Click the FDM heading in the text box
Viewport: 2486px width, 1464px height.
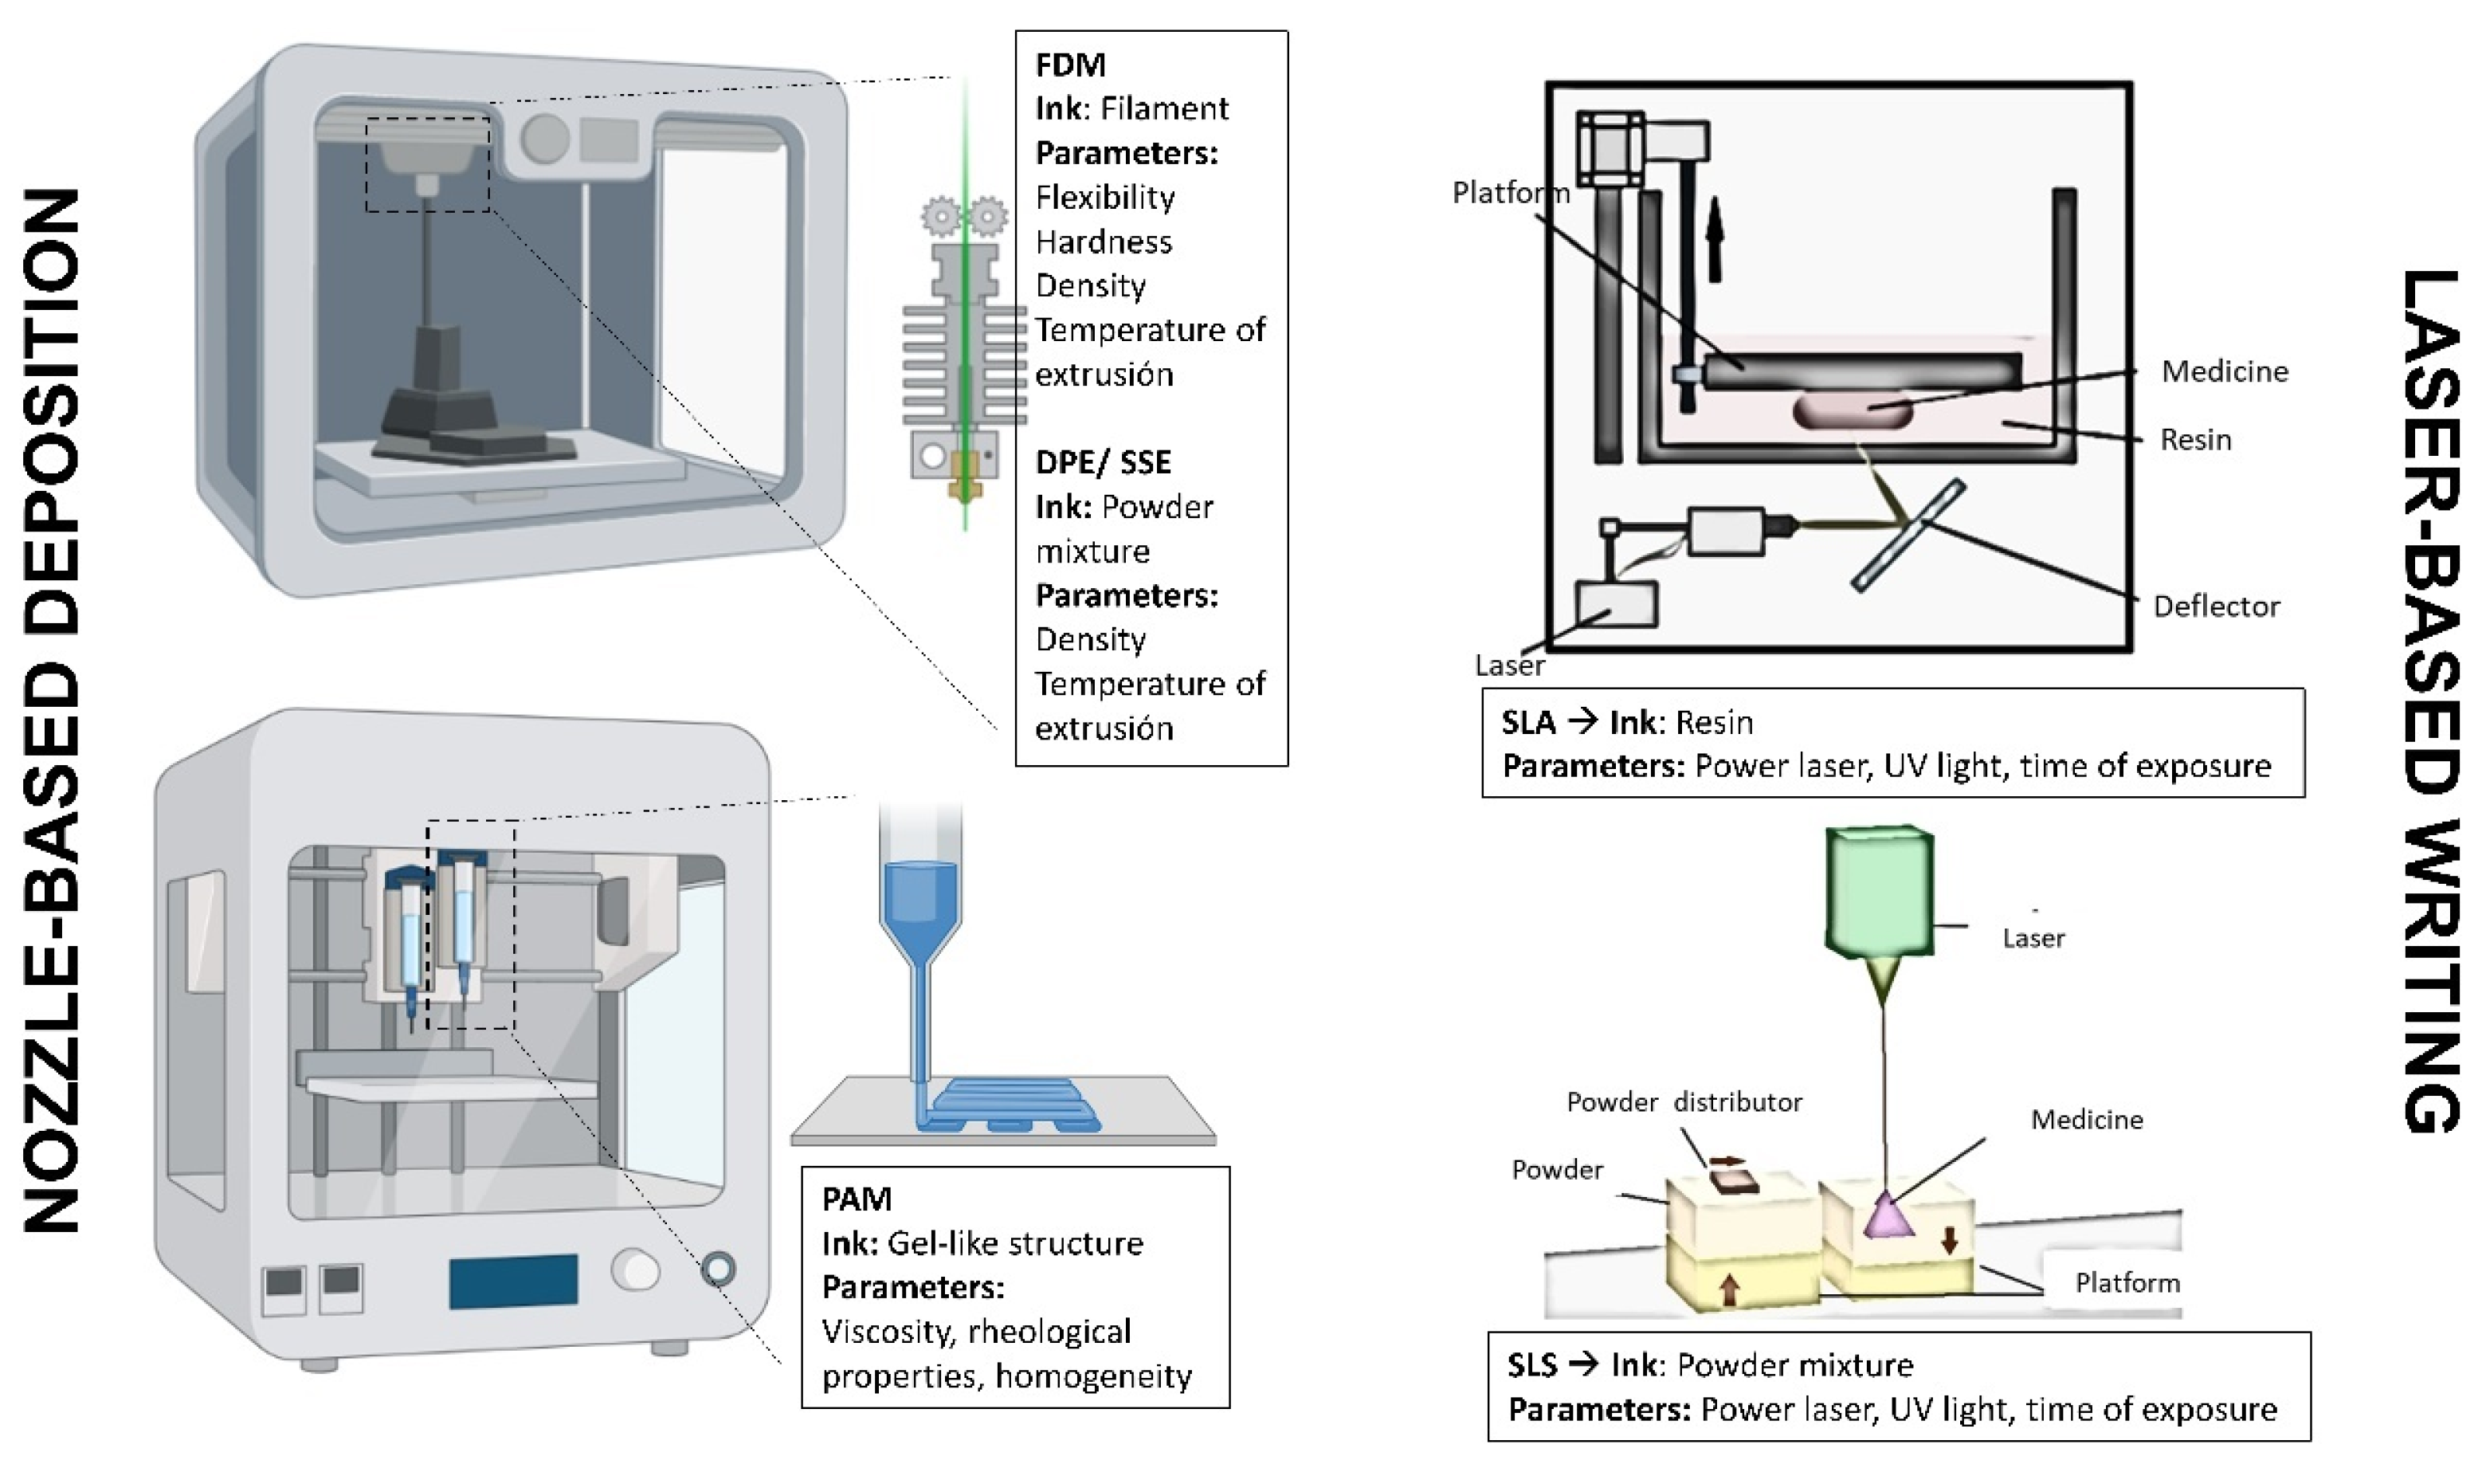pos(1069,65)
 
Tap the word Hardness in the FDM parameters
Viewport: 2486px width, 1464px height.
pos(1103,241)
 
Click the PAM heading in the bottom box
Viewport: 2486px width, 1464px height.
pos(857,1199)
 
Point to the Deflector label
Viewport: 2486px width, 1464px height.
pos(2216,606)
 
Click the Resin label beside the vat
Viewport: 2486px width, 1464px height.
pos(2195,439)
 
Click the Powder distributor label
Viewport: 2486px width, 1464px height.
pos(1684,1102)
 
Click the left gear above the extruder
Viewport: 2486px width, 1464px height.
pos(942,215)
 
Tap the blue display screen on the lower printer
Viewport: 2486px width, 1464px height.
pos(513,1281)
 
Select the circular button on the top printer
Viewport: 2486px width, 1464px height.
pos(543,138)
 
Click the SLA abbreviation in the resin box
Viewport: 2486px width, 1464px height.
pos(1527,723)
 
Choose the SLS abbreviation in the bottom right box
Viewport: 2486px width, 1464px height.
pos(1532,1365)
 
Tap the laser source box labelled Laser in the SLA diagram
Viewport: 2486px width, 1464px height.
pos(1616,602)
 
